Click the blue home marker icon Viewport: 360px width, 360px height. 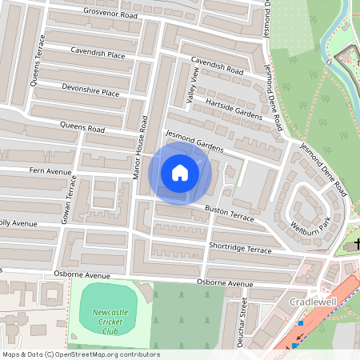[x=180, y=172]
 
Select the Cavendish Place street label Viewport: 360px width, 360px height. [x=97, y=55]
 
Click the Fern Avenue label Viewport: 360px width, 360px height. [x=51, y=171]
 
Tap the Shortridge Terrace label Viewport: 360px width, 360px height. [x=240, y=249]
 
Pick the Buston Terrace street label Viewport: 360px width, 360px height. [x=229, y=213]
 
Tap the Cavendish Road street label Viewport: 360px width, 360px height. [x=217, y=67]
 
